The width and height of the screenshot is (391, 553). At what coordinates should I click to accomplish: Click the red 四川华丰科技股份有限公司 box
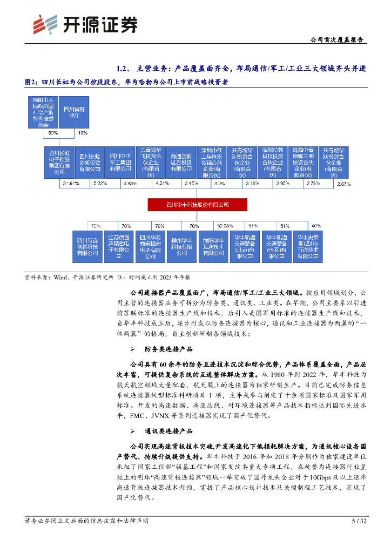coord(197,205)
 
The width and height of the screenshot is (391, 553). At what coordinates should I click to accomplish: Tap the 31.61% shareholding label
coord(71,184)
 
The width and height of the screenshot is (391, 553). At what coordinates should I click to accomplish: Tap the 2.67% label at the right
coord(343,184)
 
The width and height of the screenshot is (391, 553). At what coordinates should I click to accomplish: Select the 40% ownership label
coord(316,225)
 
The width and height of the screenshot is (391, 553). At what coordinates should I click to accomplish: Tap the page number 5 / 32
coord(359,521)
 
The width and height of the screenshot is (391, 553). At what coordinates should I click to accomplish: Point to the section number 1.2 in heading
coord(122,69)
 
